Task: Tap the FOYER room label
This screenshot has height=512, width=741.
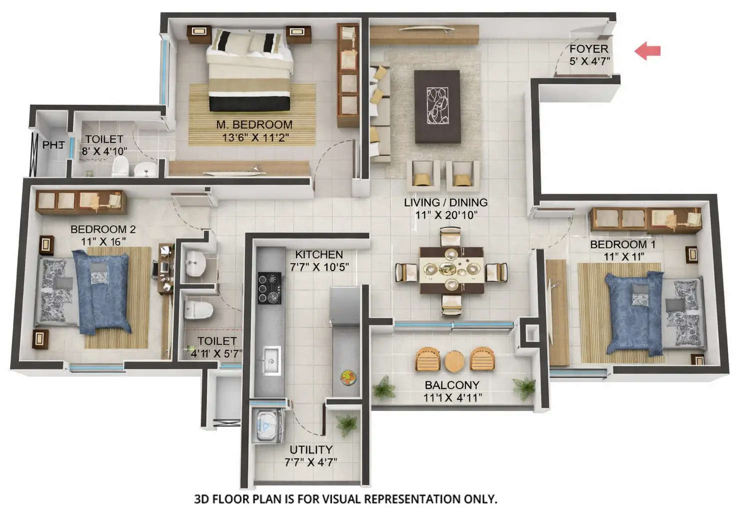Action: point(589,49)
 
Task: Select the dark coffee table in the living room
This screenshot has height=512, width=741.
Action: point(437,106)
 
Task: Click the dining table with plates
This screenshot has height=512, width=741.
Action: point(452,270)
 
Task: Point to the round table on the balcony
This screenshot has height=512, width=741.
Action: point(454,361)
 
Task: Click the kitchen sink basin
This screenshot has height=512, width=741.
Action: point(271,359)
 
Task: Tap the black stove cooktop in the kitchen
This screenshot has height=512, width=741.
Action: point(269,288)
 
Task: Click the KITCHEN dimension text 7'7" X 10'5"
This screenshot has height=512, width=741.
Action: point(319,267)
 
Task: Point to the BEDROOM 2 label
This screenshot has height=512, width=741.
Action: point(103,229)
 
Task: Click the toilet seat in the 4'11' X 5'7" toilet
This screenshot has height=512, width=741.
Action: point(198,310)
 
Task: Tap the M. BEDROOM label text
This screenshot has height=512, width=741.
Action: point(254,124)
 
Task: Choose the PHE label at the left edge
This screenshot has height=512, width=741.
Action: point(53,145)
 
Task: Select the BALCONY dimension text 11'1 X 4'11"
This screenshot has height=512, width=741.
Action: point(453,398)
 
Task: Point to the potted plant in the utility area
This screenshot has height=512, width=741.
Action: point(346,424)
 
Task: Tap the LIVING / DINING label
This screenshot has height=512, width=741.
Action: point(446,202)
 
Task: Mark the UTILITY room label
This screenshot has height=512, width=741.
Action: point(311,449)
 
